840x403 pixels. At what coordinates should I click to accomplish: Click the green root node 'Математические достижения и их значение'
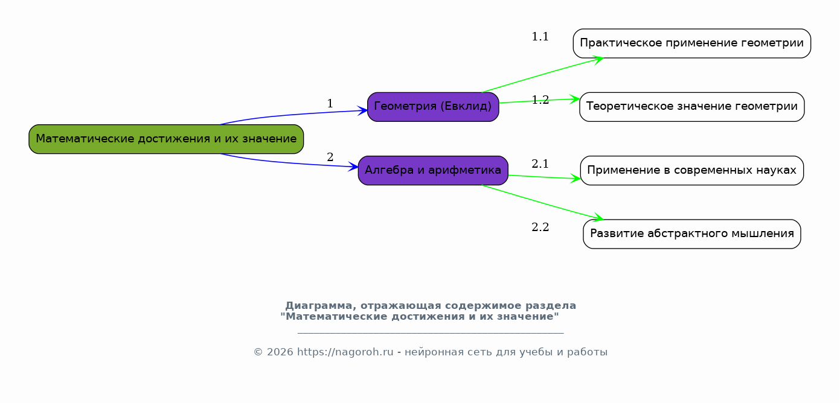pos(166,139)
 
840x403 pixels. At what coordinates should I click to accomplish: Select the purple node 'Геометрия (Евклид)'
pos(433,107)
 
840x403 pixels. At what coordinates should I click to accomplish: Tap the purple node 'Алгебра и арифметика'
pos(433,170)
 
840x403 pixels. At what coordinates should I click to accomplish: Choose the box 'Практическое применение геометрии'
pos(692,43)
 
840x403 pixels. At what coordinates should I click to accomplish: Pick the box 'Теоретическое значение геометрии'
pos(692,107)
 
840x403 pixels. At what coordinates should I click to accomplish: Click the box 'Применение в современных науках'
pos(692,170)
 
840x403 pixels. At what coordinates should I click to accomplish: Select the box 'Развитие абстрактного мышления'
pos(692,234)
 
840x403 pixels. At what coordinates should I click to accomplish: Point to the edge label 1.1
pos(540,37)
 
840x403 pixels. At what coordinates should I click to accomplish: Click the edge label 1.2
pos(540,100)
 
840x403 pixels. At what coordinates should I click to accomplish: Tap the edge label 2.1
pos(540,163)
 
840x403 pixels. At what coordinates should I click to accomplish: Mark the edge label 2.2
pos(540,227)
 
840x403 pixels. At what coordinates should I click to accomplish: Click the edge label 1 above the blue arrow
pos(330,103)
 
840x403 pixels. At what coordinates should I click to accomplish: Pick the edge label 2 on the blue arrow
pos(330,157)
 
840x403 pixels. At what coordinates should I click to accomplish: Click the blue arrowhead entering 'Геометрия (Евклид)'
pos(362,110)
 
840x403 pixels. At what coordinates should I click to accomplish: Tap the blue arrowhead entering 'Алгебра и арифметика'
pos(353,167)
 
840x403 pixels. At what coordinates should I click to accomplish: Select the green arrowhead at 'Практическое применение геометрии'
pos(598,60)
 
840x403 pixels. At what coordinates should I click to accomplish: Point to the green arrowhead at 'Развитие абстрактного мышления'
pos(598,217)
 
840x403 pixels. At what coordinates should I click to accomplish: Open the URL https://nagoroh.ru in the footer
pos(345,352)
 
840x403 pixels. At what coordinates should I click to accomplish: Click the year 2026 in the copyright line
pos(280,352)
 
